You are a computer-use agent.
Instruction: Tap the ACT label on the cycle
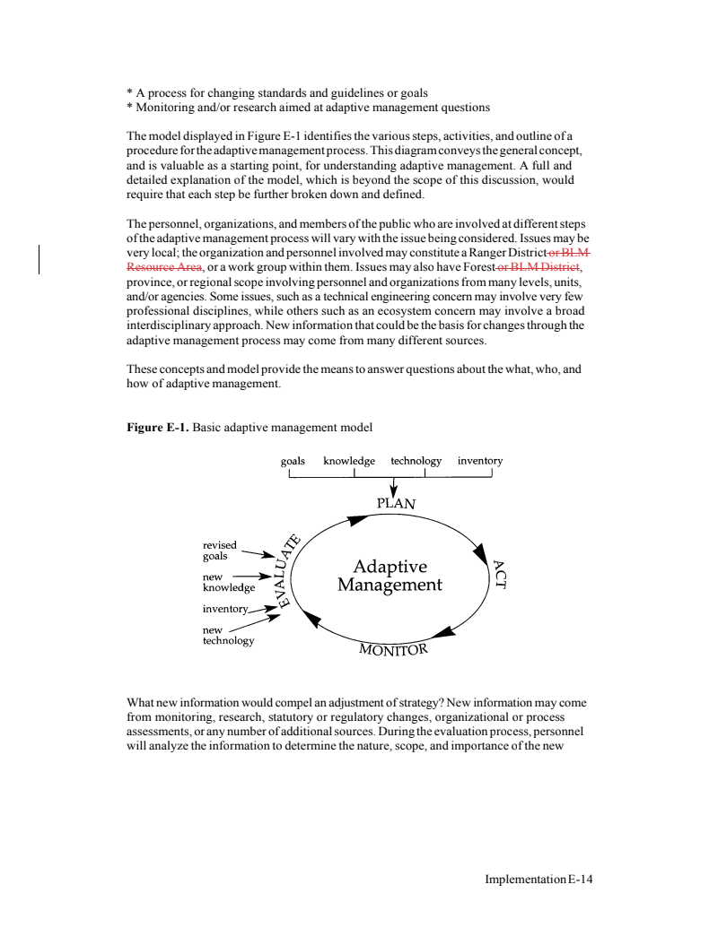tap(500, 574)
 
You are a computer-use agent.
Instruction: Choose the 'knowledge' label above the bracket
tap(351, 462)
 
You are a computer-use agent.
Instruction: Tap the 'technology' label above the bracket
tap(416, 462)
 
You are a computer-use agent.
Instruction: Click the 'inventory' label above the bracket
tap(480, 462)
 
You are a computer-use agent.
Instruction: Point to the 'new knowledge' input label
tap(229, 583)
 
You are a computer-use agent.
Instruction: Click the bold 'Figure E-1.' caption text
tap(159, 426)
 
